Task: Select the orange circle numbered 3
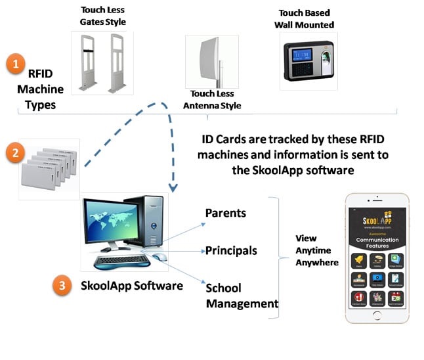pos(62,286)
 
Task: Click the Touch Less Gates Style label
pos(103,16)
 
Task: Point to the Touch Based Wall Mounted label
pos(306,19)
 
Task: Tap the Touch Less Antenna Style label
pos(211,100)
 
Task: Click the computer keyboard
pos(122,261)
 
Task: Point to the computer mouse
pos(158,257)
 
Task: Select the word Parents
pos(225,214)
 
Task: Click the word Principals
pos(231,250)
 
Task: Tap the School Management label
pos(242,296)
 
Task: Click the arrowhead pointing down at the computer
pos(173,188)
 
